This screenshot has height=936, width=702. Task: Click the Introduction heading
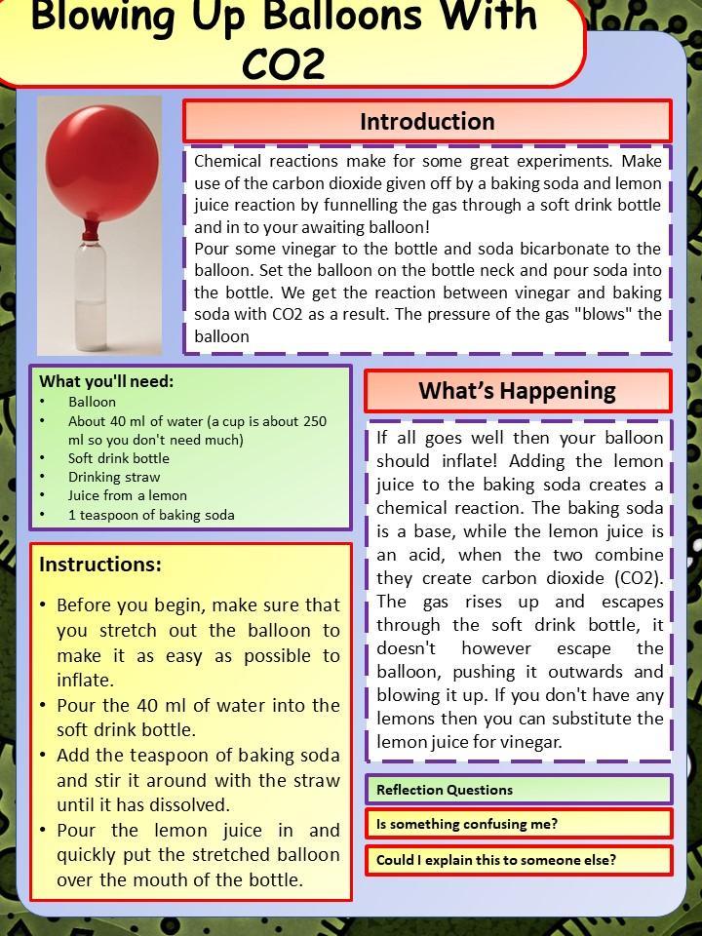427,122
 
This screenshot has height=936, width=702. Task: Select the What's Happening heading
517,391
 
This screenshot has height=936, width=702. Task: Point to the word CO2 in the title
283,63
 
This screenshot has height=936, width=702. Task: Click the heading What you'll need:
106,381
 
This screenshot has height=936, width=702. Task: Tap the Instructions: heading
100,565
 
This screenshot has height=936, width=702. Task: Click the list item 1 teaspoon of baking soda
151,515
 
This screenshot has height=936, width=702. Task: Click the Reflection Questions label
445,790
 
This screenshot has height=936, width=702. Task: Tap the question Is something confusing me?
467,824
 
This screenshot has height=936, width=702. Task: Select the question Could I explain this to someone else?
495,860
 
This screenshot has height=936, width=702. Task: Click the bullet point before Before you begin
44,605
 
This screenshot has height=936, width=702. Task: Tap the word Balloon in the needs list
92,402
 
